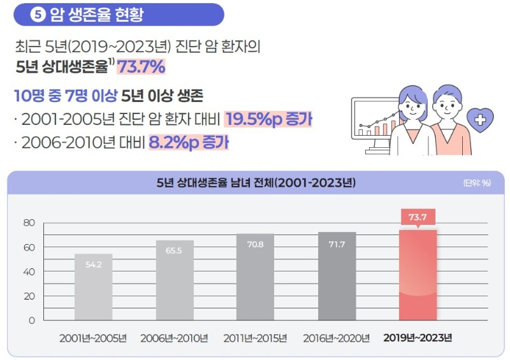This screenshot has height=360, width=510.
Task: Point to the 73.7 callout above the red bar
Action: point(418,217)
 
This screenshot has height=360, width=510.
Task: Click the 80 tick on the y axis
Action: point(29,223)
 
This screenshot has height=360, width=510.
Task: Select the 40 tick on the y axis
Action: point(29,271)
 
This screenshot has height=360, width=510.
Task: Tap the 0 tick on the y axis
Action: point(31,320)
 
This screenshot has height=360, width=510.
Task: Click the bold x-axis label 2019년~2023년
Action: point(418,338)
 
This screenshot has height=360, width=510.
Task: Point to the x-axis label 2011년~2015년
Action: point(255,338)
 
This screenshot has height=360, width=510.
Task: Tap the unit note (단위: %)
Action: point(476,183)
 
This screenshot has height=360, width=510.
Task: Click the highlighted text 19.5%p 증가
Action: point(268,119)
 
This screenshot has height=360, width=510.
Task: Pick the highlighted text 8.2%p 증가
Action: point(188,142)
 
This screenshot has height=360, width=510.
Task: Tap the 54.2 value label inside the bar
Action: point(93,264)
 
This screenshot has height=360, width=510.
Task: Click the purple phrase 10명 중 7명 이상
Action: point(66,97)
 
